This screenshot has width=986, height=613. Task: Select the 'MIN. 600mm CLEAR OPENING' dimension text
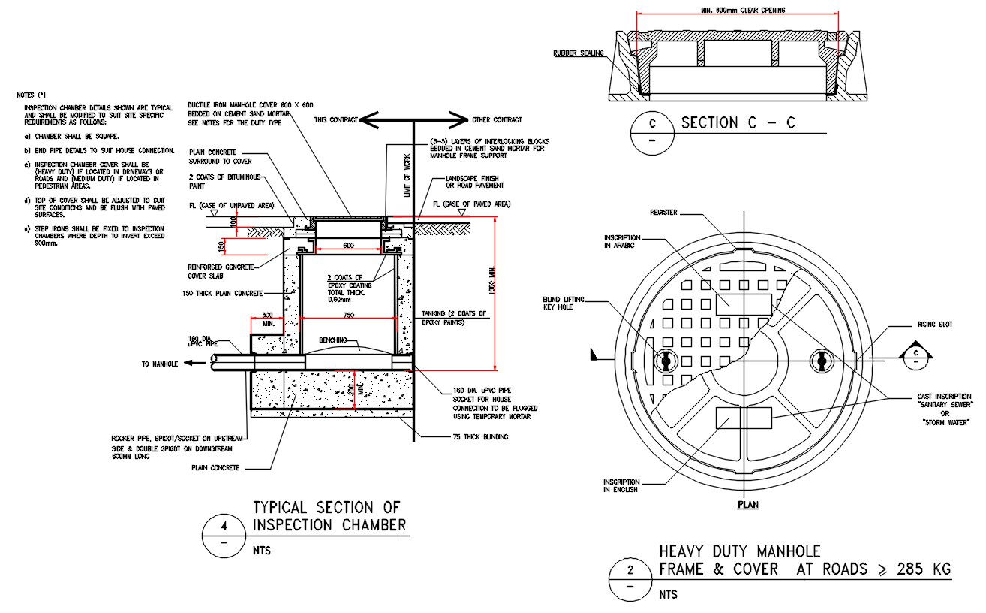[x=738, y=11]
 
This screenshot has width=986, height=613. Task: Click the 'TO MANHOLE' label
[x=160, y=364]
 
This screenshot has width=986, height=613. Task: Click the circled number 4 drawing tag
[x=224, y=526]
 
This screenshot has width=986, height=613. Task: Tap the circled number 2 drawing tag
[x=630, y=569]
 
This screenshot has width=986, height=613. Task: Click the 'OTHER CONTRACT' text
[x=497, y=119]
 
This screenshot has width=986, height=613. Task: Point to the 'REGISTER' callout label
[x=663, y=213]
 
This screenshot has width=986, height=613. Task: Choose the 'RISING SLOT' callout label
[x=935, y=325]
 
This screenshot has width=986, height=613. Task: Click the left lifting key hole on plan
[x=665, y=361]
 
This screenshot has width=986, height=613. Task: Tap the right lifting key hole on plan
[x=822, y=361]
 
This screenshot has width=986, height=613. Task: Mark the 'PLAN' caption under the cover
[x=747, y=505]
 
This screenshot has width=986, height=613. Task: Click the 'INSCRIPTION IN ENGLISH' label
[x=621, y=485]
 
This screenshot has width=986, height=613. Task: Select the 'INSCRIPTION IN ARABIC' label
[x=622, y=241]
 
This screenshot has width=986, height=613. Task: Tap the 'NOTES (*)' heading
[x=32, y=95]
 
